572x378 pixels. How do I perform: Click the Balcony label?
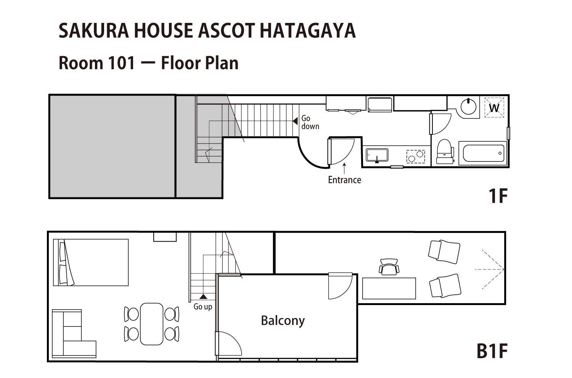pos(283,321)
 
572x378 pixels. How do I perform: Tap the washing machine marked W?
pos(494,107)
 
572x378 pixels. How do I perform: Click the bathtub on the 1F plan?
pos(483,153)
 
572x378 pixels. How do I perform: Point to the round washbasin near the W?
pos(469,107)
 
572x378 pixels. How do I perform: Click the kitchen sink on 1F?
pos(377,155)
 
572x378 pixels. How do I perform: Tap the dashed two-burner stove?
pos(416,156)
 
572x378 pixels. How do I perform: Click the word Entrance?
pos(344,180)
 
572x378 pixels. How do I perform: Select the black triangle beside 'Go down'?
pos(295,121)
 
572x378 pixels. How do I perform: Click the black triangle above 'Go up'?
pos(203,297)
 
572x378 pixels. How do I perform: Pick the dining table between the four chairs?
pos(152,324)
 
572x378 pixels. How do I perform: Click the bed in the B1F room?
pos(91,262)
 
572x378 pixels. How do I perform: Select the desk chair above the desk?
pos(389,267)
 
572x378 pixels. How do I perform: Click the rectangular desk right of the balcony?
pos(389,289)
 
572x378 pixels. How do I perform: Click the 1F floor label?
pos(498,196)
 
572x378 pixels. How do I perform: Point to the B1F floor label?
pos(492,351)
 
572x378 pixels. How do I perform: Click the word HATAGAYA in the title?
pos(308,31)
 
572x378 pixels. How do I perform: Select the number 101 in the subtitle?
pos(122,63)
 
